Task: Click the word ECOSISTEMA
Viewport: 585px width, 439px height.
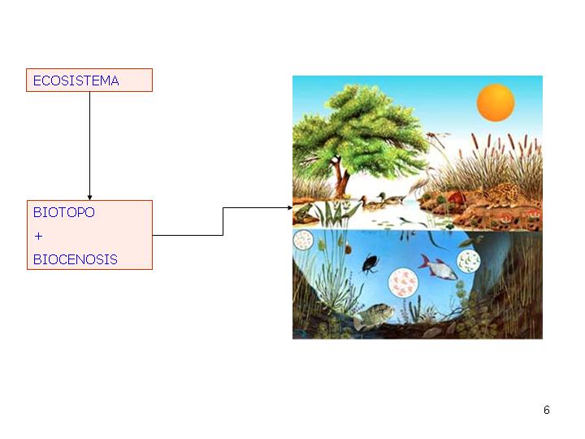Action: pos(76,80)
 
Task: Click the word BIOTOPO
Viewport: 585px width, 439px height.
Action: pos(63,212)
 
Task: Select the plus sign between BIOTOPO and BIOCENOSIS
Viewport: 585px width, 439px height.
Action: pos(38,236)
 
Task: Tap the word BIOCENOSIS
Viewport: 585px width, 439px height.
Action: pos(75,260)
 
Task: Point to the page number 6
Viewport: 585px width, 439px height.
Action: pos(547,410)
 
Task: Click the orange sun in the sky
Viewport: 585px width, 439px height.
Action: pos(495,102)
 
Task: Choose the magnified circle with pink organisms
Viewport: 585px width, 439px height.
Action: pos(403,283)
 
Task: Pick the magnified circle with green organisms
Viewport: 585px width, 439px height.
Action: pos(469,262)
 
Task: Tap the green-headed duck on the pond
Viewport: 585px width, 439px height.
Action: pos(393,200)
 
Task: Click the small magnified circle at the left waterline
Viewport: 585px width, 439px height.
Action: pos(303,240)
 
